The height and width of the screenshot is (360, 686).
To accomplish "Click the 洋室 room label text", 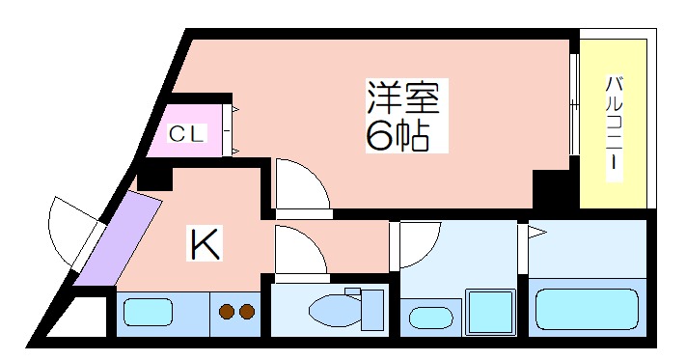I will [x=402, y=98].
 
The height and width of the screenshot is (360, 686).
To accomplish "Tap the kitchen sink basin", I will [x=148, y=312].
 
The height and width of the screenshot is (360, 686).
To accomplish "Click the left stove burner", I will [x=227, y=311].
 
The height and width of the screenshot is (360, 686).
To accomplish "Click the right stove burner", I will [x=246, y=311].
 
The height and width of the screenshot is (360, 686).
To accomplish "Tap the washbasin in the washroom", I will [x=427, y=317].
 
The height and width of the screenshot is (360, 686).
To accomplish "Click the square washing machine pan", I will [x=491, y=311].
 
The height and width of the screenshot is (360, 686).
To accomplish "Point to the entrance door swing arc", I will [x=69, y=232].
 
